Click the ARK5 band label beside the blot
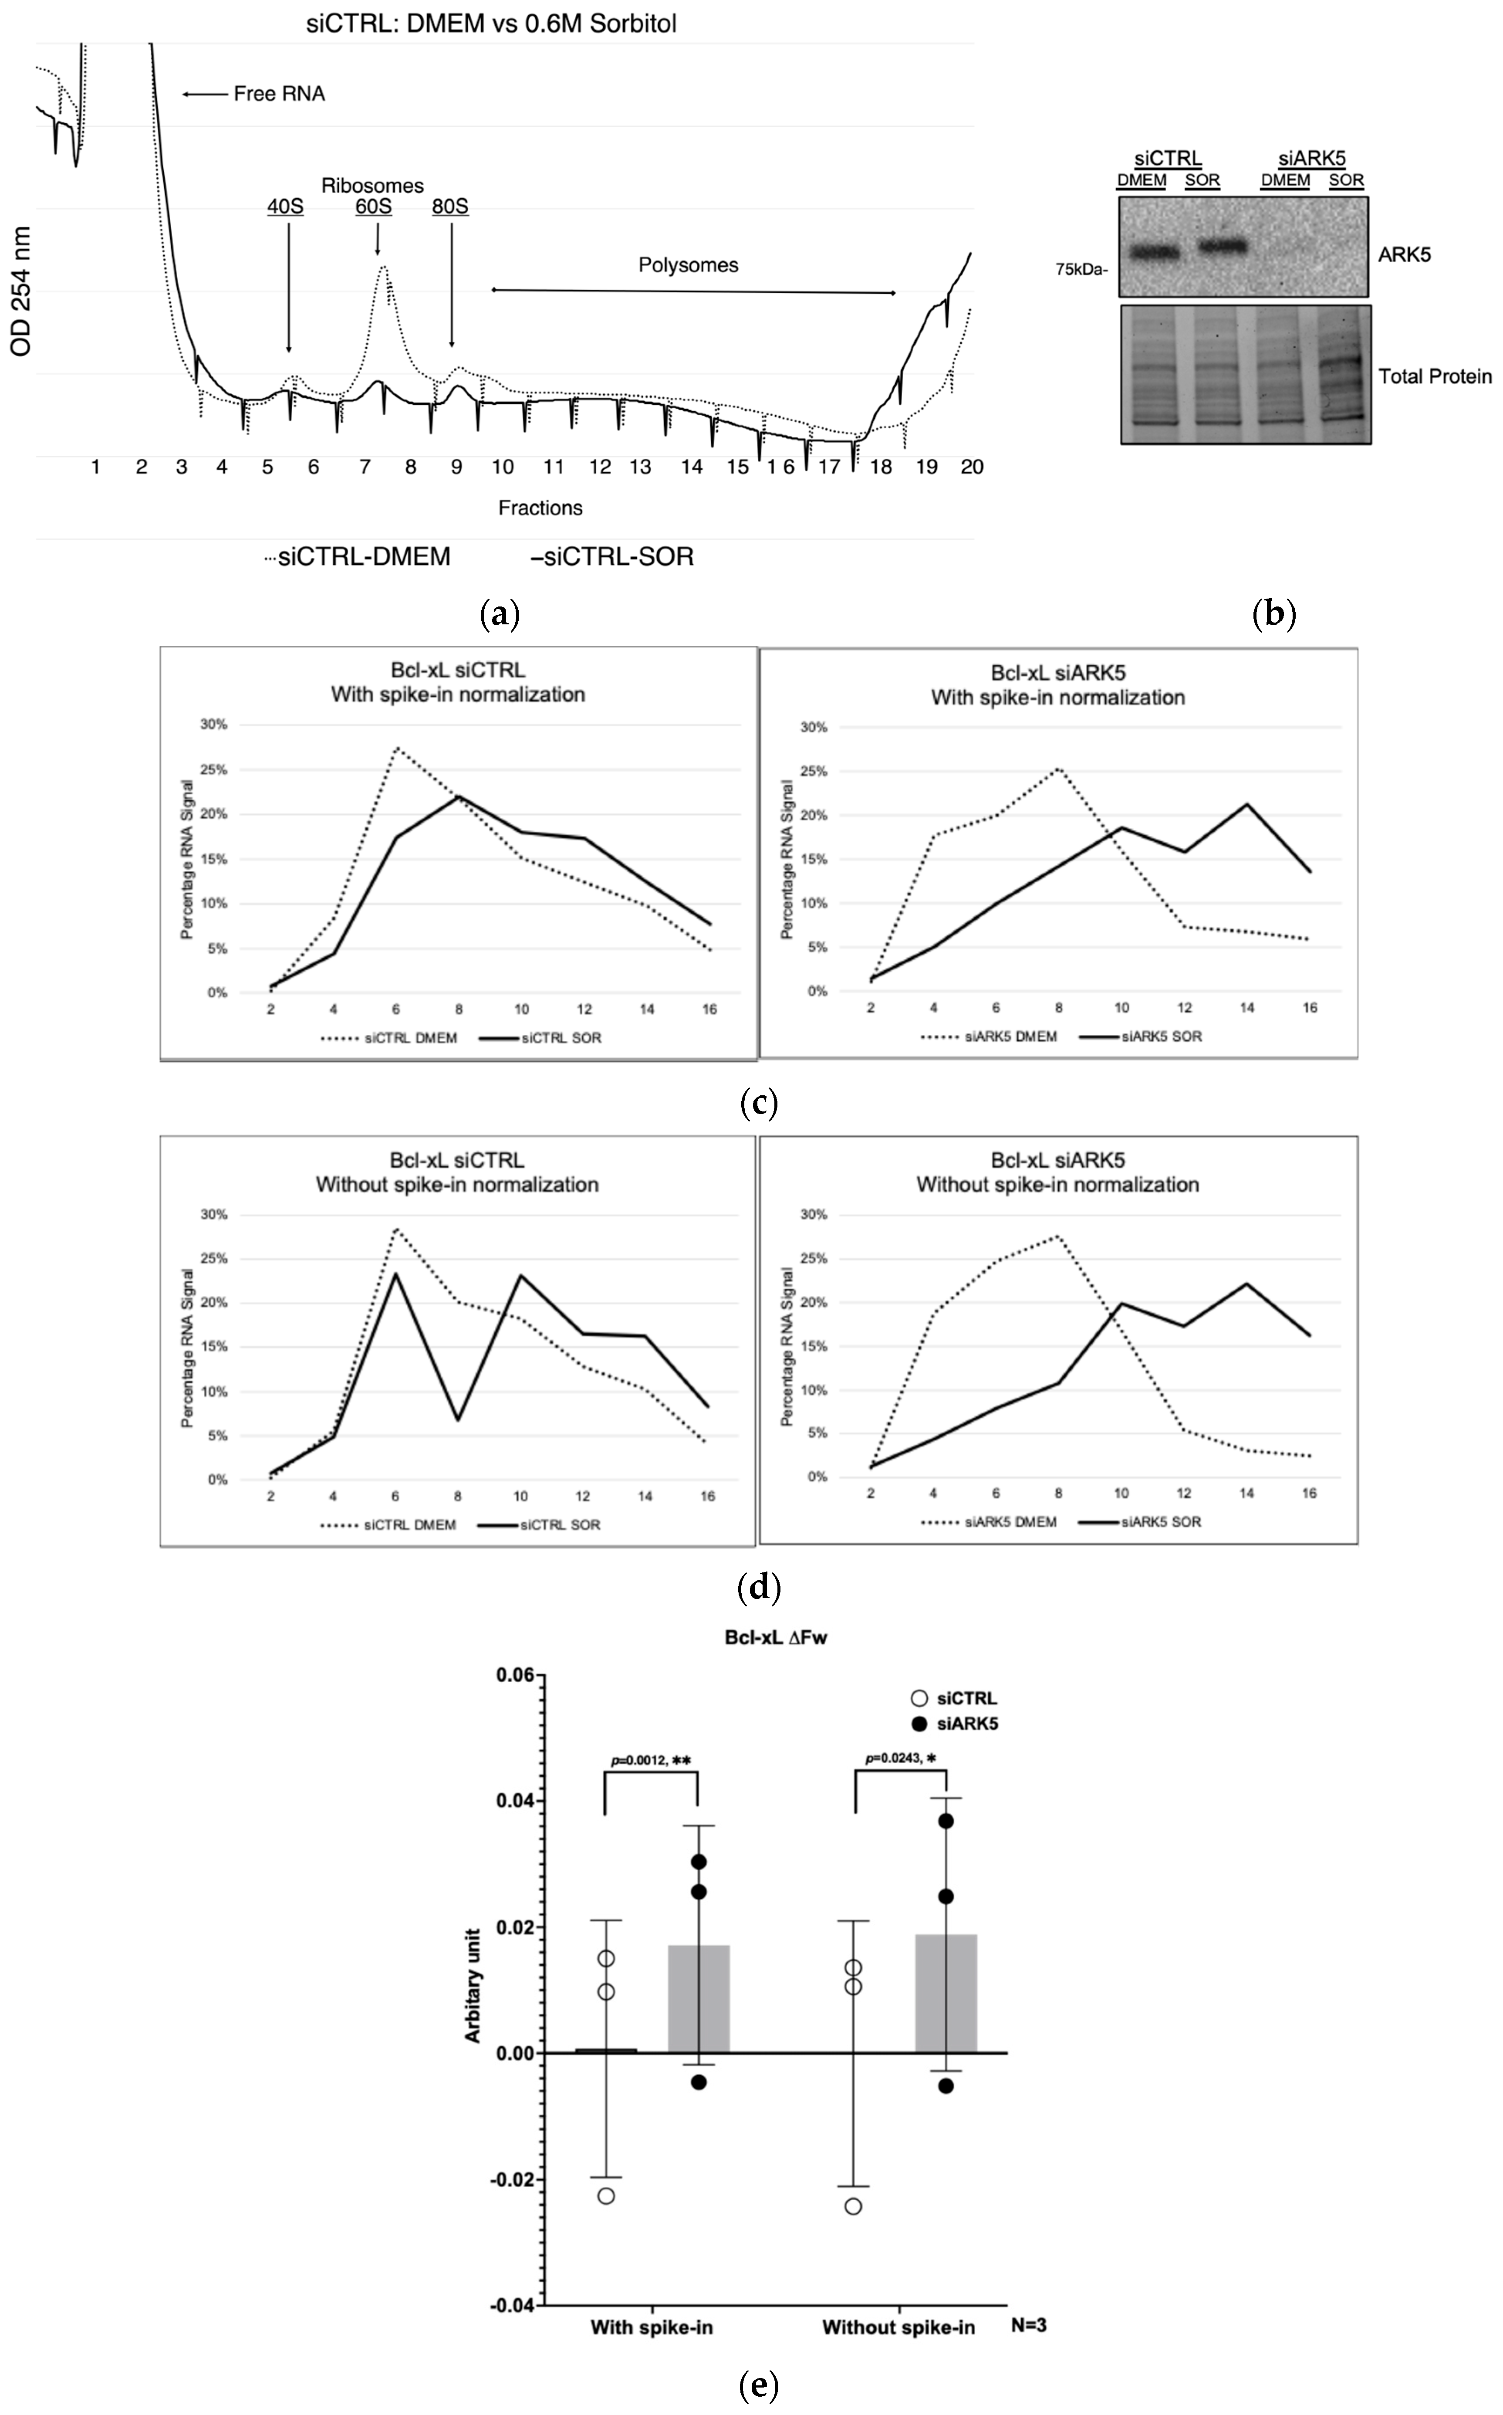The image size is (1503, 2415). point(1404,254)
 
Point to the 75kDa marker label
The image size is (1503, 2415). point(1081,268)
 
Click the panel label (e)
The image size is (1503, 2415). point(760,2384)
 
